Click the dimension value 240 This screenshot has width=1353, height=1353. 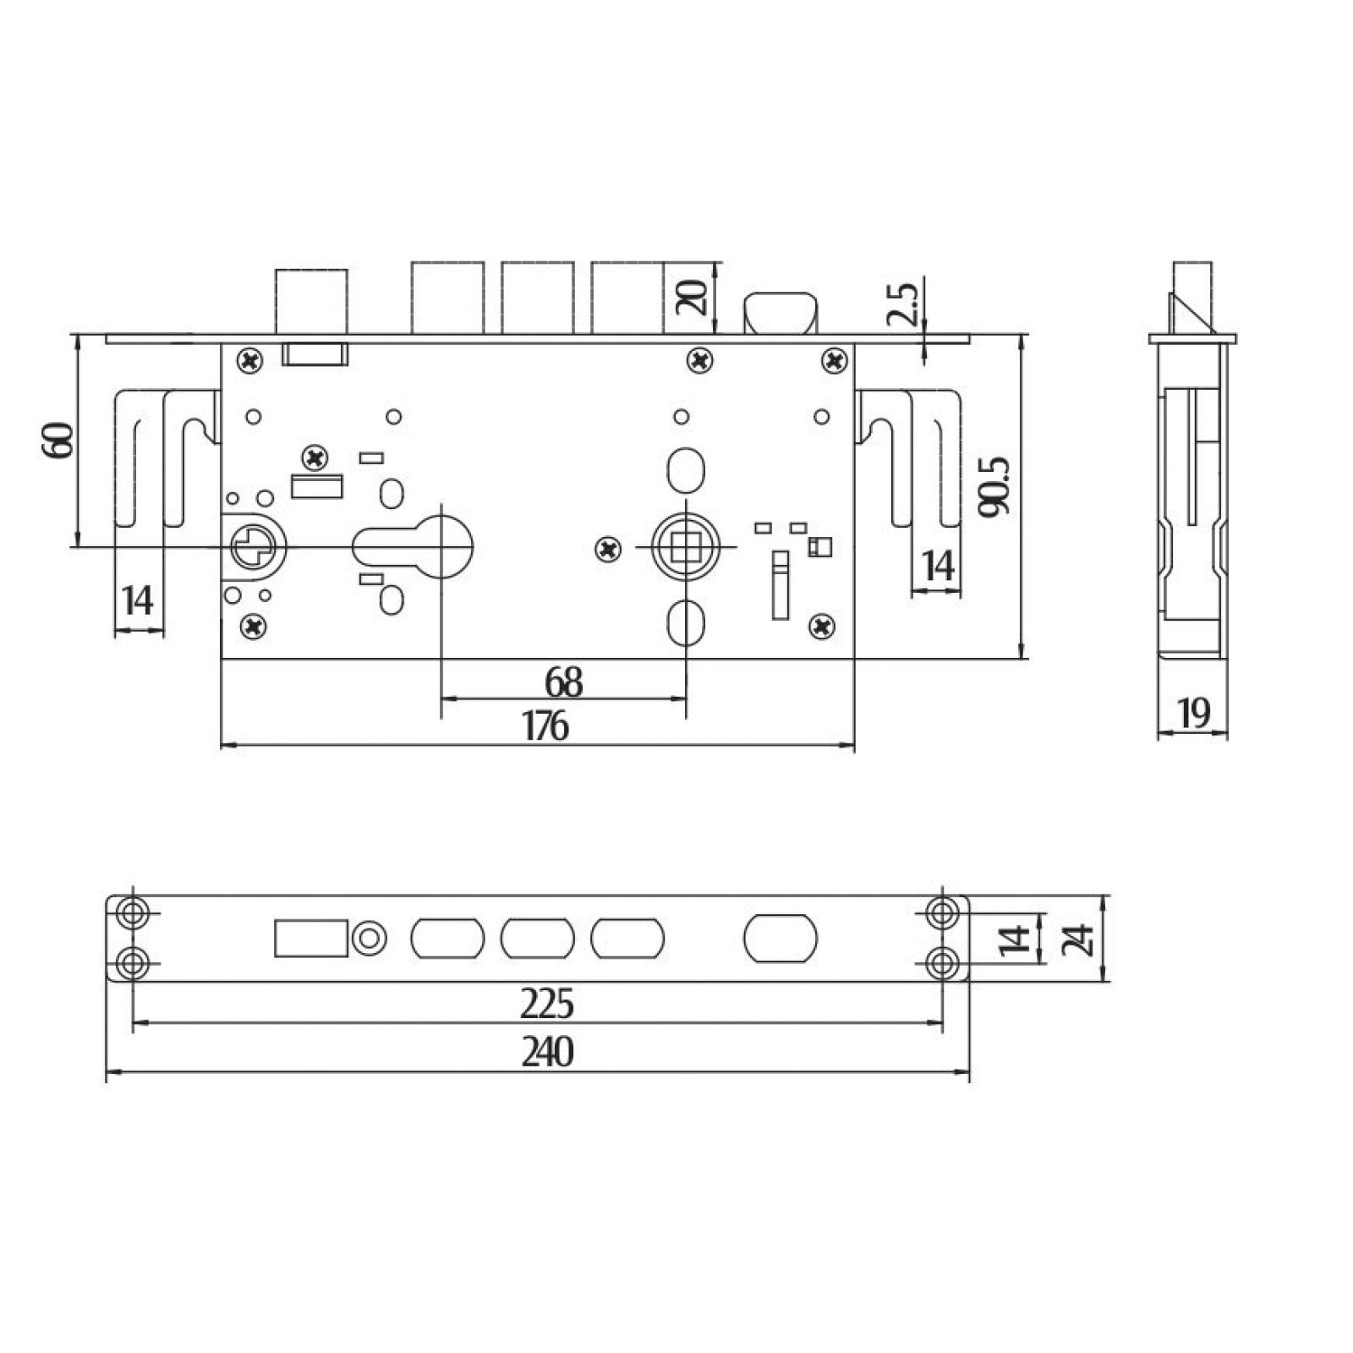(x=547, y=1051)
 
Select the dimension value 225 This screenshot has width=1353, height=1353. (x=547, y=1004)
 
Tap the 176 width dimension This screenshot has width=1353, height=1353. (x=545, y=726)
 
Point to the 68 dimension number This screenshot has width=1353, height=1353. (x=563, y=682)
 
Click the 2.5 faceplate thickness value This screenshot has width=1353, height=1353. (x=901, y=304)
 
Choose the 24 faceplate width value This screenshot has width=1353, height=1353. (x=1077, y=939)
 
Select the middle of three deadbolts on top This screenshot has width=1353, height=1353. (x=537, y=298)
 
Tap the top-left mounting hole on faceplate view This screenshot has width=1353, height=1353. (x=133, y=912)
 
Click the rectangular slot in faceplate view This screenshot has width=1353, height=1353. (x=311, y=938)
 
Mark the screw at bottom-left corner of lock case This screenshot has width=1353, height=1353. (x=254, y=626)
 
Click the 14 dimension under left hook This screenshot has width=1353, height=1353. (x=138, y=600)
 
